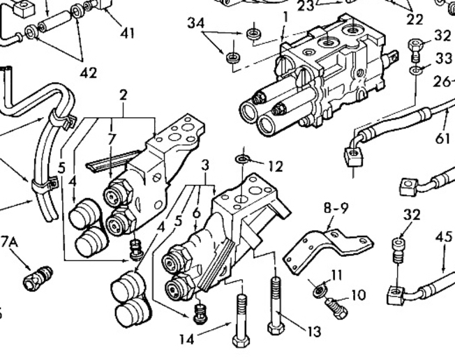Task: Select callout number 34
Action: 197,24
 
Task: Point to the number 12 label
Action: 275,166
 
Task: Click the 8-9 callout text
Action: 335,207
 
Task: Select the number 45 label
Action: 445,237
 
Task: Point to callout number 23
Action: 306,6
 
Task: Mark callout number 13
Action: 313,330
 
